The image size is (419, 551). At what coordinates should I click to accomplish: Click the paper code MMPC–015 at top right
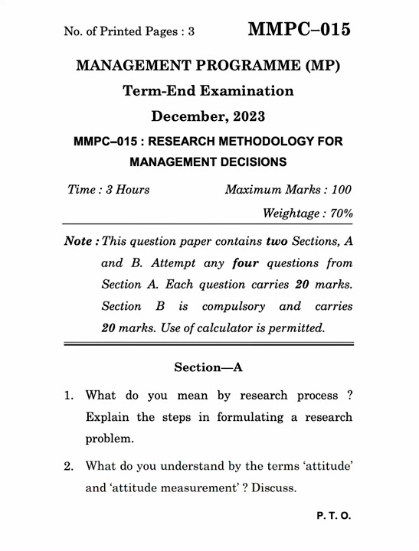300,30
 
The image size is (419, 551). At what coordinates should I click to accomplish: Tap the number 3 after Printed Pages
191,32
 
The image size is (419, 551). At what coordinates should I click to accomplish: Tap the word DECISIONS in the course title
249,161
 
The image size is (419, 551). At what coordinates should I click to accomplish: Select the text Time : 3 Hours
109,190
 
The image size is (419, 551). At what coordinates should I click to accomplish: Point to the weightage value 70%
340,214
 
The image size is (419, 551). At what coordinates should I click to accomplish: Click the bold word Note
79,241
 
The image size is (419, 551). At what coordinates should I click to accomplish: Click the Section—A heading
208,367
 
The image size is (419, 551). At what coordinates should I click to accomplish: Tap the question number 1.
67,396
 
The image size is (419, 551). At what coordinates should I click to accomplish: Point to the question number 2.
67,465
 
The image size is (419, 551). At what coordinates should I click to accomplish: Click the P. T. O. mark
334,517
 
